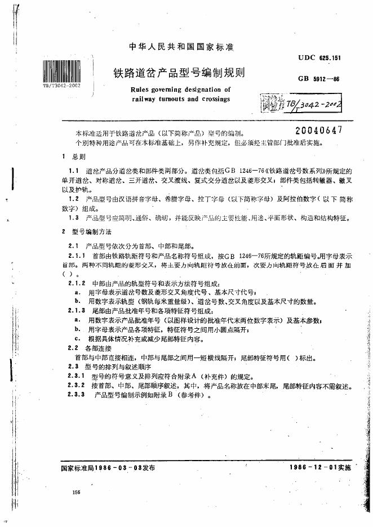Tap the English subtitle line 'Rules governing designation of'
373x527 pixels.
click(180, 90)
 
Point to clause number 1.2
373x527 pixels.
click(73, 199)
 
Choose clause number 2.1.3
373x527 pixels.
click(77, 310)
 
